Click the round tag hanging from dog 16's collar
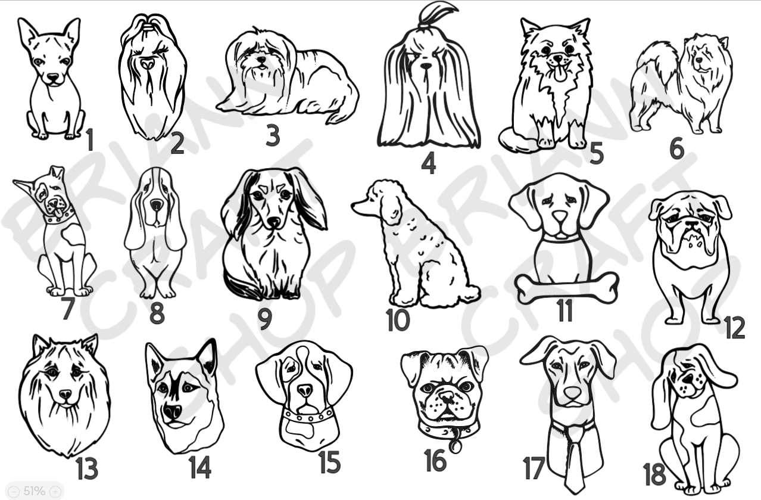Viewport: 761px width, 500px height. click(454, 446)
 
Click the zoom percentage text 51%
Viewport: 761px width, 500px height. click(34, 491)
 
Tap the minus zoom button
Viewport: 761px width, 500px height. click(14, 491)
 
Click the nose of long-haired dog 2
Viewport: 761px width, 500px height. click(147, 63)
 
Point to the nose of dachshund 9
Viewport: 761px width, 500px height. click(273, 222)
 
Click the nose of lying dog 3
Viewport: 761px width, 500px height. click(261, 60)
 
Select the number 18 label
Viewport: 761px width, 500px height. click(654, 474)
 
